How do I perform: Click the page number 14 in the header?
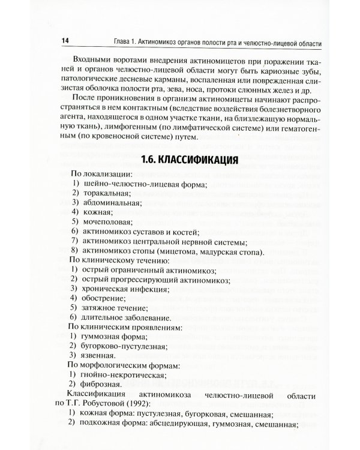coord(65,40)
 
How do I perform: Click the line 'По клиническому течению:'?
coord(110,260)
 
